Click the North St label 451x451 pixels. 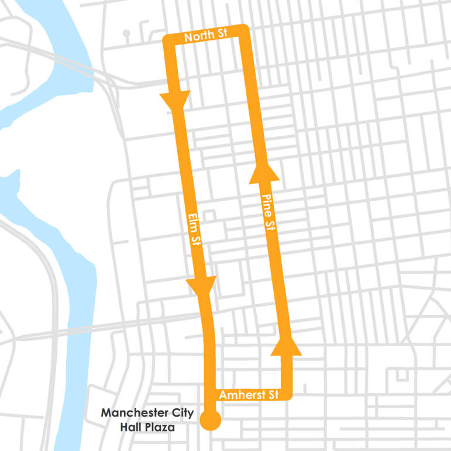205,35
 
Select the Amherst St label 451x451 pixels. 248,395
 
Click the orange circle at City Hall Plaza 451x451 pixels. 210,420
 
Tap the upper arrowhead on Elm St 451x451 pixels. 175,101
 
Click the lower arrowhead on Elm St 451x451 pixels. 201,285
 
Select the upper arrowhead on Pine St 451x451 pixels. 264,172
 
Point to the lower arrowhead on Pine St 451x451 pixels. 286,346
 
